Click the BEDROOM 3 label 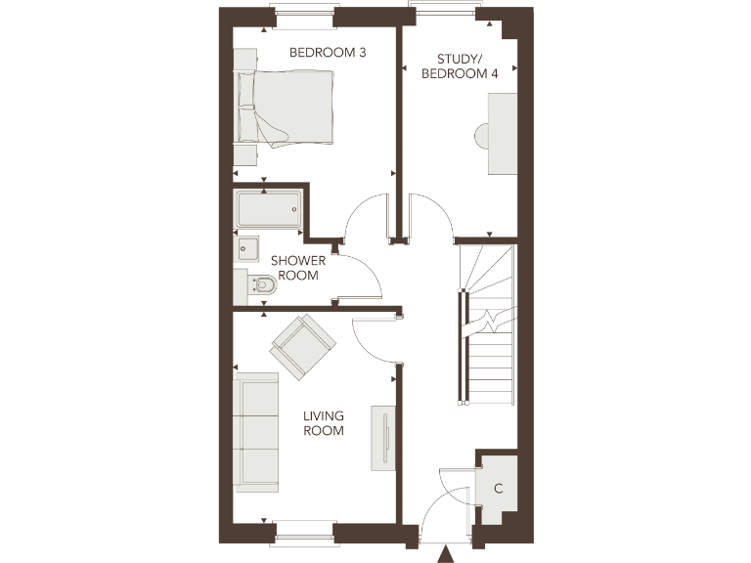point(328,52)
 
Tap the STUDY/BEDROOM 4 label point(460,65)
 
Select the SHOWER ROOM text point(298,268)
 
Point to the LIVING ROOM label point(324,423)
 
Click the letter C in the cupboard point(499,488)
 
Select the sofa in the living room point(256,429)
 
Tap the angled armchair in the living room point(303,343)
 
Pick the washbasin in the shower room point(246,250)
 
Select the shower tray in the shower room point(268,208)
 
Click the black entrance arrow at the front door point(445,555)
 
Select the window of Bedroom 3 point(305,16)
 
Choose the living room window point(304,534)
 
